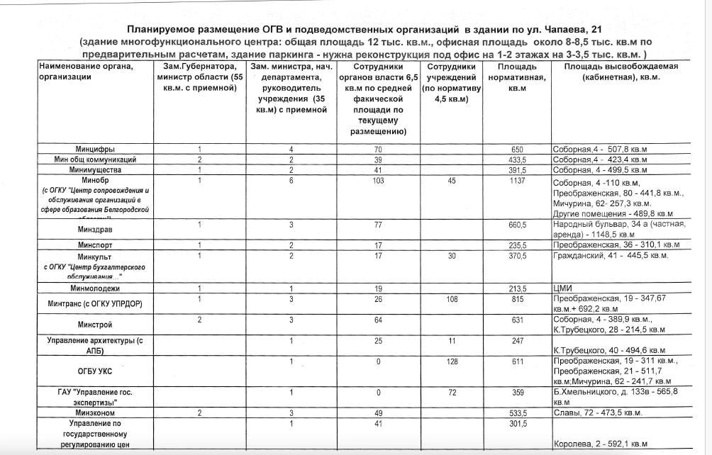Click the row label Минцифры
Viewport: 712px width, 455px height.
[96, 150]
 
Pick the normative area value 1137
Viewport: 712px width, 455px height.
[517, 180]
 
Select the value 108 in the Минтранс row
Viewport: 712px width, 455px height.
[451, 299]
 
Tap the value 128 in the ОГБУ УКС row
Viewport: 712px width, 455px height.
[451, 361]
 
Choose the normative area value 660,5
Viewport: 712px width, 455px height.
[517, 225]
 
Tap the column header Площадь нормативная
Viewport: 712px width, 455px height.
[517, 77]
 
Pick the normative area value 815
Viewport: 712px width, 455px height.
[517, 299]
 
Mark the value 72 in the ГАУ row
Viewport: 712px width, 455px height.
[451, 391]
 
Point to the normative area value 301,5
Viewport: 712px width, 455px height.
[517, 423]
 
